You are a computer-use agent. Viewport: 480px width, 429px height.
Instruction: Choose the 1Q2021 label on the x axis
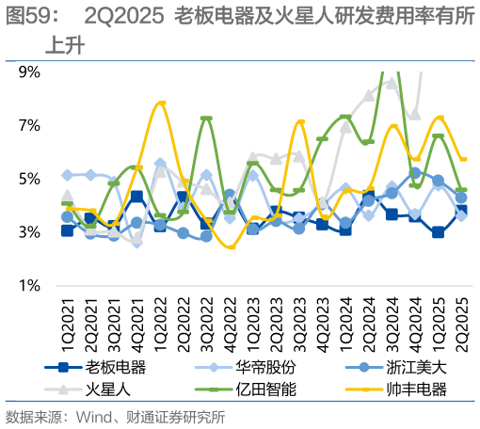[x=65, y=320]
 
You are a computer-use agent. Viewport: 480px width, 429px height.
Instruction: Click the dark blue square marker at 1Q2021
[x=67, y=230]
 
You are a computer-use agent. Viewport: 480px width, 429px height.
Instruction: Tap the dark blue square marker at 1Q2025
[x=438, y=232]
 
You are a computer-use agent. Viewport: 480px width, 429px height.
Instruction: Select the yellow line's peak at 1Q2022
[x=160, y=103]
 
